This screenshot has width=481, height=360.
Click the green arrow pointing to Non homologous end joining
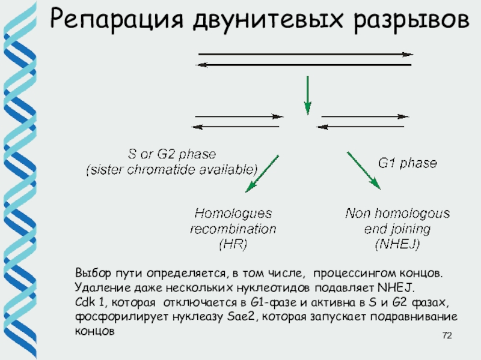pos(364,172)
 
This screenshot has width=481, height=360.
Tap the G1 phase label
pos(407,162)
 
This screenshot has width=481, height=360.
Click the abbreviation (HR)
pos(231,244)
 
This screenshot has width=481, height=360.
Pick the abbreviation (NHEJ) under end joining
pos(397,244)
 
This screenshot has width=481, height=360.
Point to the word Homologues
pos(233,214)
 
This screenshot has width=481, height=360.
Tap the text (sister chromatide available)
pos(172,169)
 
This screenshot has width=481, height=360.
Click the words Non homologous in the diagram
pos(397,214)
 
